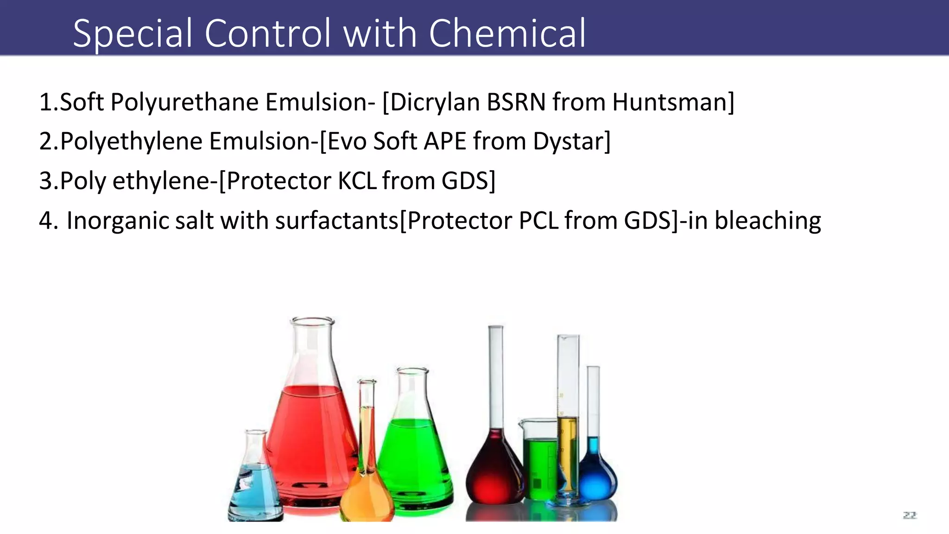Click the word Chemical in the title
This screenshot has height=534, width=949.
pyautogui.click(x=507, y=33)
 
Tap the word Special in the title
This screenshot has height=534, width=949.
pyautogui.click(x=133, y=33)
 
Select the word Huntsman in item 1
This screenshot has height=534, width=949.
pyautogui.click(x=673, y=102)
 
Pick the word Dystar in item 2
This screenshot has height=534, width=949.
pyautogui.click(x=571, y=141)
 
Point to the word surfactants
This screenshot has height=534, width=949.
pyautogui.click(x=336, y=221)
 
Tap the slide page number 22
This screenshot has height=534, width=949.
pyautogui.click(x=910, y=515)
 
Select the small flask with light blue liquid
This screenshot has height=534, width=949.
pyautogui.click(x=255, y=487)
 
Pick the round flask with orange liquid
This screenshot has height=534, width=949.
pyautogui.click(x=367, y=491)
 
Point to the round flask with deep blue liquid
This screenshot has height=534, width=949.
pyautogui.click(x=597, y=477)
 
